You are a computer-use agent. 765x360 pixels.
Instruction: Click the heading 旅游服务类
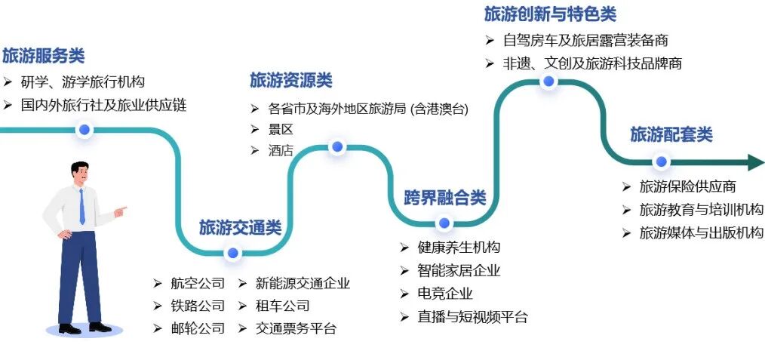43,56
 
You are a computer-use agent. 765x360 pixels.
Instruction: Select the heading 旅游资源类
290,80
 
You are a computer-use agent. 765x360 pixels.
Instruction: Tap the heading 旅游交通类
240,227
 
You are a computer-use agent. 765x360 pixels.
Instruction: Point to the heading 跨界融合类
444,198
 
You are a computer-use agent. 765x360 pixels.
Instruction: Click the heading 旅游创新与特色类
550,14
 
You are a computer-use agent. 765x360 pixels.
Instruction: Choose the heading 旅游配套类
671,134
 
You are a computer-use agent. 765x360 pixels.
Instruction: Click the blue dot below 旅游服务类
84,130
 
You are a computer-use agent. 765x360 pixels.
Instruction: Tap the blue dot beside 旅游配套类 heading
661,162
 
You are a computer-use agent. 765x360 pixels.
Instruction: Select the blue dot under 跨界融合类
444,223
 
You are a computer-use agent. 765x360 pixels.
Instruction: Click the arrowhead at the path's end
755,162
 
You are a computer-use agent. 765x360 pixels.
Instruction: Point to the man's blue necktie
81,206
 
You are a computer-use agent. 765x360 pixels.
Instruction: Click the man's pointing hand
121,211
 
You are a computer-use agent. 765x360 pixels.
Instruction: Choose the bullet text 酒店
281,150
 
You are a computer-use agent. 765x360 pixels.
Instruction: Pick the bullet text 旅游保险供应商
687,186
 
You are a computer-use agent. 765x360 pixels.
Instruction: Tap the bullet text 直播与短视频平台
472,317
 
